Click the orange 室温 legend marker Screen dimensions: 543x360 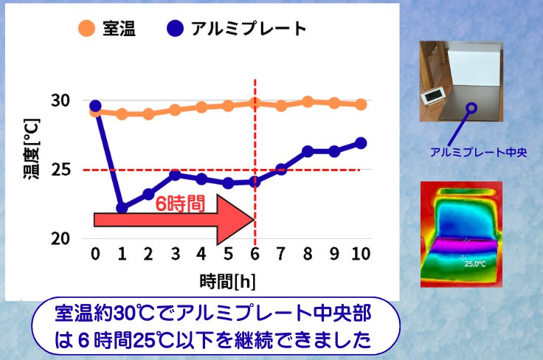pyautogui.click(x=86, y=28)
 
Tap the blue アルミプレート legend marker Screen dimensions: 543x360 pyautogui.click(x=176, y=28)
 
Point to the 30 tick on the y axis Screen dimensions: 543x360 pyautogui.click(x=60, y=100)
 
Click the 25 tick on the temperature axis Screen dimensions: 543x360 pyautogui.click(x=60, y=170)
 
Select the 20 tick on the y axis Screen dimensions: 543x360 pyautogui.click(x=60, y=238)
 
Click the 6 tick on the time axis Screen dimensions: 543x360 pyautogui.click(x=255, y=254)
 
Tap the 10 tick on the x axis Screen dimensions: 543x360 pyautogui.click(x=361, y=254)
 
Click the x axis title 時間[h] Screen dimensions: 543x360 pyautogui.click(x=227, y=281)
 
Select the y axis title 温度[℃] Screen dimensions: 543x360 pyautogui.click(x=32, y=148)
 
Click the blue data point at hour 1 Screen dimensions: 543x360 pyautogui.click(x=122, y=208)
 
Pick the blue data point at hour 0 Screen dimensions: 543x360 pyautogui.click(x=95, y=106)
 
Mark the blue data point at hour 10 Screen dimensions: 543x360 pyautogui.click(x=361, y=143)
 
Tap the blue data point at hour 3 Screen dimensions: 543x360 pyautogui.click(x=176, y=175)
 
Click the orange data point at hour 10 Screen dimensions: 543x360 pyautogui.click(x=361, y=104)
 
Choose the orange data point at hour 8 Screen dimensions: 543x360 pyautogui.click(x=308, y=102)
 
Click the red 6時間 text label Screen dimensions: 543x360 pyautogui.click(x=180, y=203)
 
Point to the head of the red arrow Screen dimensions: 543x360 pyautogui.click(x=255, y=219)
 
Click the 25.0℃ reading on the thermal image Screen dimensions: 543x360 pyautogui.click(x=475, y=264)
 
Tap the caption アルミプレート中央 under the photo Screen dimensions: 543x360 pyautogui.click(x=478, y=152)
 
